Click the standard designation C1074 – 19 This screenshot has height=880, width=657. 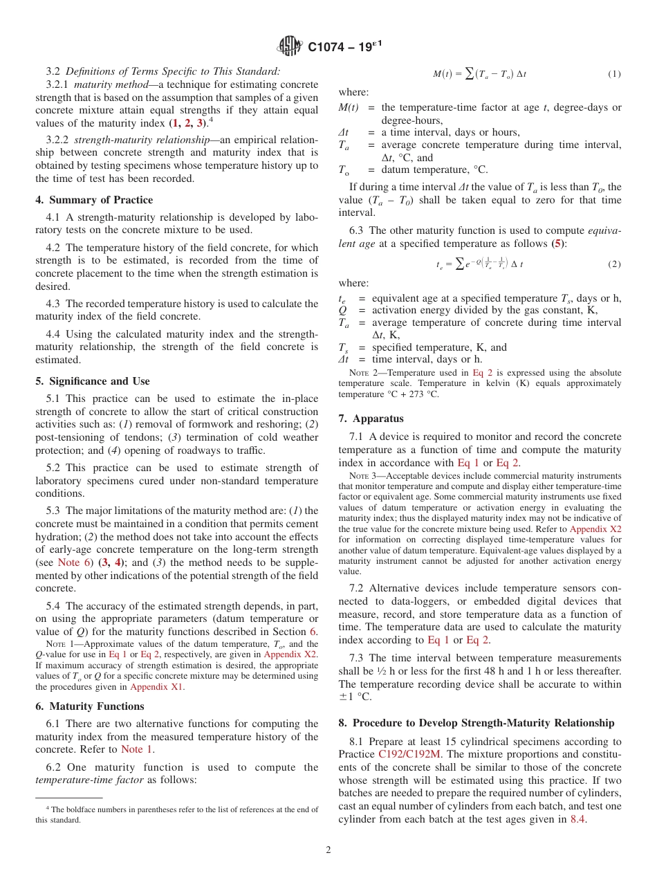344,47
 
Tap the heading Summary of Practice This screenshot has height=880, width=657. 94,200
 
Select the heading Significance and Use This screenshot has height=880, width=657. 92,381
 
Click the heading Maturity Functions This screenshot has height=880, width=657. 90,706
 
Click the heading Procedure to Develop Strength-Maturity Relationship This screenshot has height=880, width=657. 476,723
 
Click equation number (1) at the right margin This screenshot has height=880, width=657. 614,73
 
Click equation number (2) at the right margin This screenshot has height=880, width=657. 614,264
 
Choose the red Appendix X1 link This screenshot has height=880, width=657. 158,687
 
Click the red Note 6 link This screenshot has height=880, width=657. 68,562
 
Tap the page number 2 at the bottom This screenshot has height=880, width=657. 328,850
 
